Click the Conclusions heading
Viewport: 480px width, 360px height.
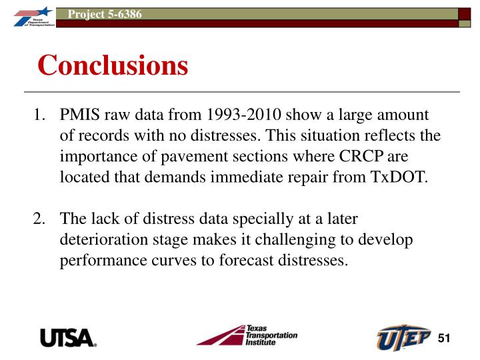pyautogui.click(x=113, y=65)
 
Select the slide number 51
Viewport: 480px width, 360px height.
pyautogui.click(x=445, y=338)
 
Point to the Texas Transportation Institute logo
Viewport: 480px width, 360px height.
pyautogui.click(x=246, y=335)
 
